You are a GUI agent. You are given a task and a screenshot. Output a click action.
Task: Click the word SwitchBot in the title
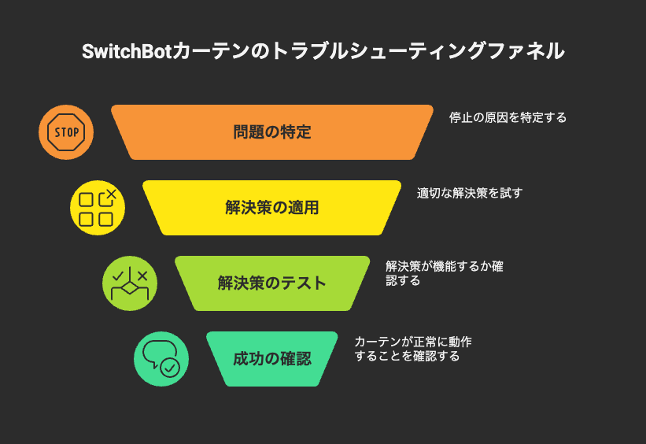[127, 51]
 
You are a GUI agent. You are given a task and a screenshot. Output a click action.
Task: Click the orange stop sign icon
[66, 132]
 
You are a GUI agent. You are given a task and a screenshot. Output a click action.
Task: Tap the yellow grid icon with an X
[98, 208]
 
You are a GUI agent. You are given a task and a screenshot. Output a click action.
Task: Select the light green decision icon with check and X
[130, 283]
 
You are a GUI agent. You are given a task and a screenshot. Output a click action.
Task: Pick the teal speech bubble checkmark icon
[161, 359]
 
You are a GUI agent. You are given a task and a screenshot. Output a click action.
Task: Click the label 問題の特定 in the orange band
[272, 132]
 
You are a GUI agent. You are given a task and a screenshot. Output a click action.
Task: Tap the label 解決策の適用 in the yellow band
[272, 207]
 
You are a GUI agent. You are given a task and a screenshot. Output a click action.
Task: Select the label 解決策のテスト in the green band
[272, 283]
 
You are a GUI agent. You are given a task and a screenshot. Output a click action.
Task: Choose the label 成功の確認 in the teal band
[272, 359]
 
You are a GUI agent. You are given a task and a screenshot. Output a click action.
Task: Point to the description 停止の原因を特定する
[508, 117]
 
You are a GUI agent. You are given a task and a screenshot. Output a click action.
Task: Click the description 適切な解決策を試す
[469, 193]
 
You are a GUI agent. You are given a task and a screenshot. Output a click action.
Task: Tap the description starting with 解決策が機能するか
[444, 273]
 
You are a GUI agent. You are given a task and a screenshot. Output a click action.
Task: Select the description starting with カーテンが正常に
[413, 349]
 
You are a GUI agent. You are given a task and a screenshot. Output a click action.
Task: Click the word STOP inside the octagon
[67, 132]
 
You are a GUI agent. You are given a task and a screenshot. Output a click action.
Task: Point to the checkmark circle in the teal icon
[170, 367]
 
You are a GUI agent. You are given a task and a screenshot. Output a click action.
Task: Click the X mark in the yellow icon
[111, 194]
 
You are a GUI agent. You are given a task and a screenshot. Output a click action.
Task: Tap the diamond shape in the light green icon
[129, 287]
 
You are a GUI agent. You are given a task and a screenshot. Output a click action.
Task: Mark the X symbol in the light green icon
[142, 276]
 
